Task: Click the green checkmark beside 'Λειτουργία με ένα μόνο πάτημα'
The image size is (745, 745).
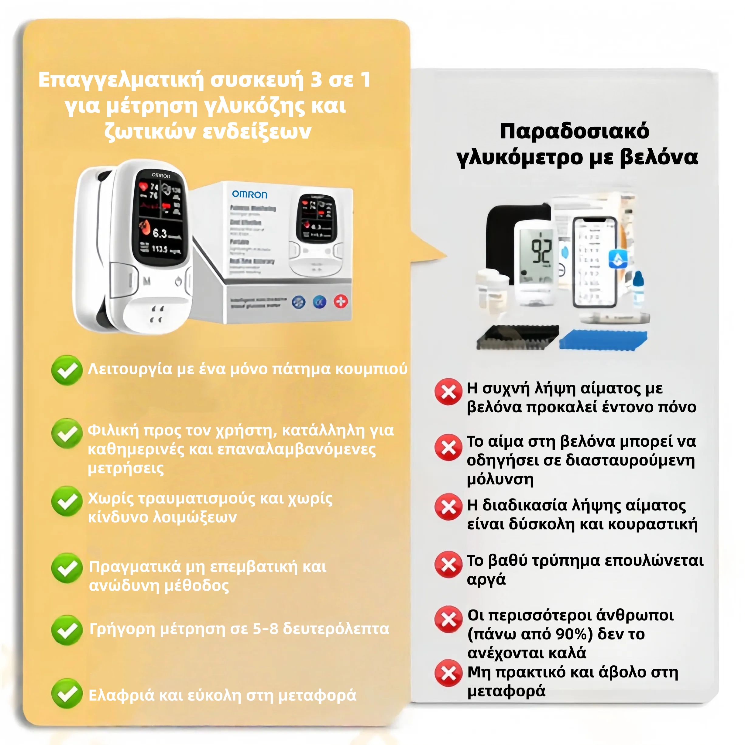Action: pos(67,370)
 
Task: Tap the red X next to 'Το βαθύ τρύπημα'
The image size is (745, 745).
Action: pos(448,565)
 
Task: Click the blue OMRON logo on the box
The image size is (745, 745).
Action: pos(249,194)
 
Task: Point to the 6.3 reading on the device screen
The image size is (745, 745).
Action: pos(160,233)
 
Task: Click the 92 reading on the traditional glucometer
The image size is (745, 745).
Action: pos(541,251)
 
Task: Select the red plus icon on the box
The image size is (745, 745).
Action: pos(341,301)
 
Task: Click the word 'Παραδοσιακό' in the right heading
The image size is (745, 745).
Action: pos(575,131)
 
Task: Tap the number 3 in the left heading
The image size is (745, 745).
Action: pos(316,80)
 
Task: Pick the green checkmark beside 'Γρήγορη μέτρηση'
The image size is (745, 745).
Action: pos(67,630)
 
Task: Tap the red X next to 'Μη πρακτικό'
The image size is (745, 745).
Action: pos(448,673)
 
